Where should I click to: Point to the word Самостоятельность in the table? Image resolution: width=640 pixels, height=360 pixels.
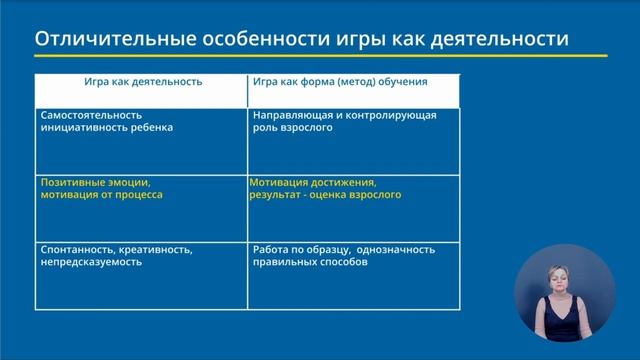pyautogui.click(x=86, y=115)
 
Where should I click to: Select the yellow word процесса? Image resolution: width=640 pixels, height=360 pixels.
pyautogui.click(x=139, y=195)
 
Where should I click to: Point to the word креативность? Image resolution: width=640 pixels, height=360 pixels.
pyautogui.click(x=151, y=248)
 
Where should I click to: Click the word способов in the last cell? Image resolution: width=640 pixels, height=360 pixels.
pyautogui.click(x=346, y=261)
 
